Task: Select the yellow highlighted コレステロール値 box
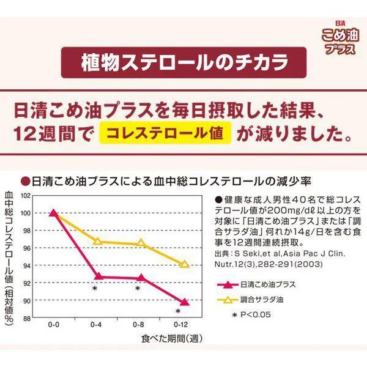(x=168, y=132)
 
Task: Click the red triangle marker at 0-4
(x=97, y=276)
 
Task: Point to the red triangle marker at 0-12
(x=185, y=302)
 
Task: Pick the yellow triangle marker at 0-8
(x=141, y=243)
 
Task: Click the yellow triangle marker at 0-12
(x=185, y=264)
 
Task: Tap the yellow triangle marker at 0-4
(x=97, y=241)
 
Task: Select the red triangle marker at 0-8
(x=141, y=277)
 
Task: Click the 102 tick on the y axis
(x=25, y=196)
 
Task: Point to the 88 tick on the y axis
(x=26, y=319)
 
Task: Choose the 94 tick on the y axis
(x=26, y=266)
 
